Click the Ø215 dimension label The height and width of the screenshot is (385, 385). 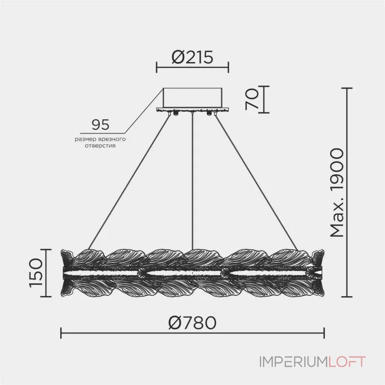point(192,57)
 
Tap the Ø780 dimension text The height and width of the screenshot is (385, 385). point(192,322)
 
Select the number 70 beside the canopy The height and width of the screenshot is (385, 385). point(252,99)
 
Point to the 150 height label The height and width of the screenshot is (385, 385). point(36,273)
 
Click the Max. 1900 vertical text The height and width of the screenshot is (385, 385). point(337,193)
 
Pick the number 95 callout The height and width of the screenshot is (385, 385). point(101,125)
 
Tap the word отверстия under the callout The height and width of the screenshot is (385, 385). point(100,146)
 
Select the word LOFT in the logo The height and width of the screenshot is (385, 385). point(346,362)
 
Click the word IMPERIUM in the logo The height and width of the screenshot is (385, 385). point(294,362)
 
